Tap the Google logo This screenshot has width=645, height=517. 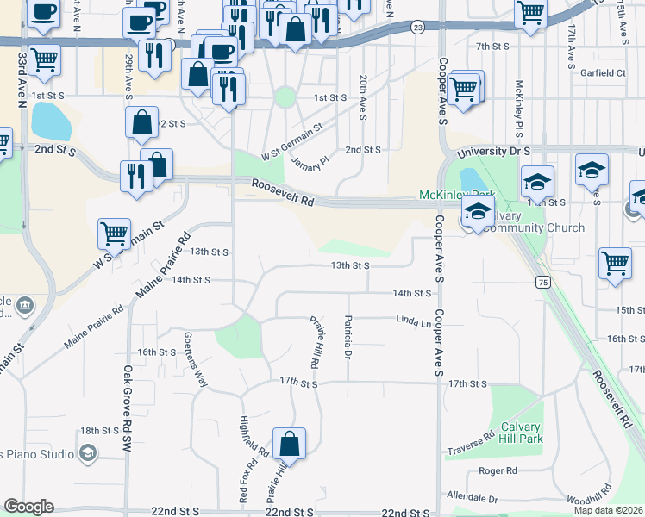coord(28,506)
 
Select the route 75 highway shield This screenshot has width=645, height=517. coord(542,282)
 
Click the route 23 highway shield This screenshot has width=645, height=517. coord(417,28)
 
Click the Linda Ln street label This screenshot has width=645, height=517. coord(413,321)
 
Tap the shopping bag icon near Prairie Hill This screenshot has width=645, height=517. coord(291,445)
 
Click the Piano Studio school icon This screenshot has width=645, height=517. coord(87,452)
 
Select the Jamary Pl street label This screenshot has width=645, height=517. coord(310,161)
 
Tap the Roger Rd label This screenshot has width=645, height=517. coord(498,471)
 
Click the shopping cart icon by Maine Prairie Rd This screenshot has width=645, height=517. coord(114,234)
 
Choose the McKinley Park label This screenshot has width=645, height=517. coord(446,195)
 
